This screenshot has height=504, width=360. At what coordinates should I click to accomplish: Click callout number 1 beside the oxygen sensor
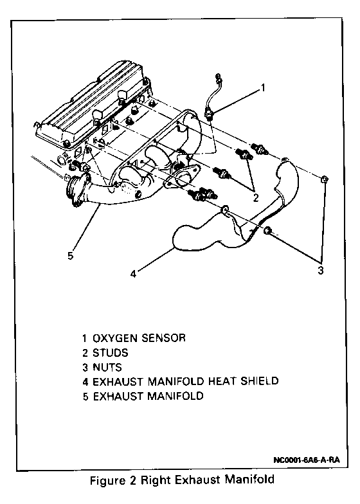(263, 87)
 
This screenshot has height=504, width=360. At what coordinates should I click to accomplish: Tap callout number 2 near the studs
(256, 198)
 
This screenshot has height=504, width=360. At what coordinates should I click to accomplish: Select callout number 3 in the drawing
(320, 270)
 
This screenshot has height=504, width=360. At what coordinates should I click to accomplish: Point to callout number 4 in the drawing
(134, 274)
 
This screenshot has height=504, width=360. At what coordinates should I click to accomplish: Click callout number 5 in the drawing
(71, 256)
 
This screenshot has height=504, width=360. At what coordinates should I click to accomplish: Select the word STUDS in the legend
(111, 352)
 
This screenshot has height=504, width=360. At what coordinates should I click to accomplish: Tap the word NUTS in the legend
(107, 367)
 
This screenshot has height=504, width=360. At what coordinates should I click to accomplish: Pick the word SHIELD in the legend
(260, 381)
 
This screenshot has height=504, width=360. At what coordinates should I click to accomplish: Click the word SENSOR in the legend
(163, 338)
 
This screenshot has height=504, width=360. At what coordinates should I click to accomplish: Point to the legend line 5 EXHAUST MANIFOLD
(143, 396)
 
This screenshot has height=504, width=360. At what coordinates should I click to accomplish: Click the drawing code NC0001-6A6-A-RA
(306, 460)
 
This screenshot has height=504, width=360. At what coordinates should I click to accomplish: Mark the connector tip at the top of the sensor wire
(219, 77)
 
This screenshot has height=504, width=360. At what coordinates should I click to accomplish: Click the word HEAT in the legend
(222, 381)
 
